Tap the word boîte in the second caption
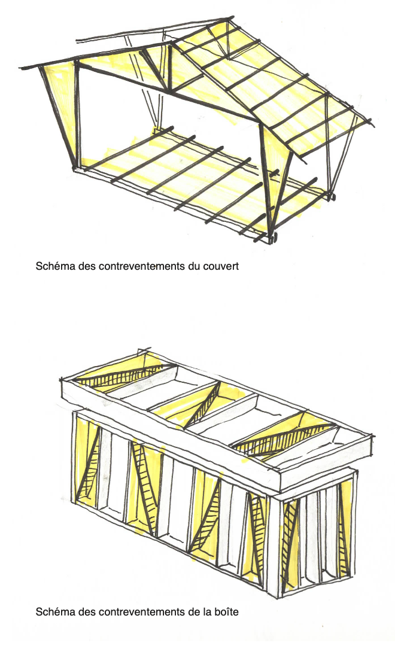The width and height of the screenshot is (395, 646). (226, 612)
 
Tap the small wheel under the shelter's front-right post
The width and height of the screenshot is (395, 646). (273, 238)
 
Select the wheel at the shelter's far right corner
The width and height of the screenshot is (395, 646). (331, 197)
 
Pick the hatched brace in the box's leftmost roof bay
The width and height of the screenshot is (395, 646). (128, 375)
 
